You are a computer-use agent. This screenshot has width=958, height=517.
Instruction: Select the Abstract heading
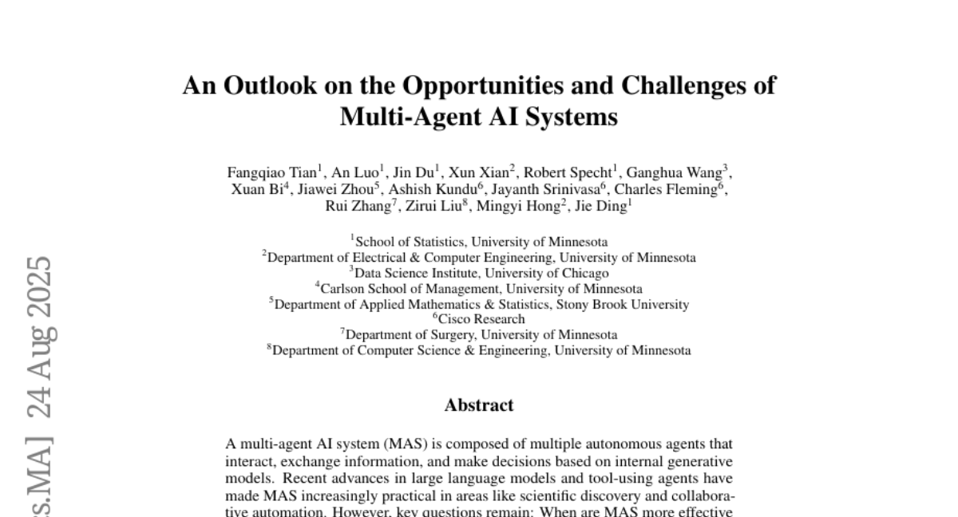[x=479, y=405]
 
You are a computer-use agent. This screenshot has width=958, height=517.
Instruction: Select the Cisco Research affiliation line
[x=479, y=319]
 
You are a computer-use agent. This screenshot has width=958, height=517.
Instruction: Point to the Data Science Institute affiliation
[x=479, y=273]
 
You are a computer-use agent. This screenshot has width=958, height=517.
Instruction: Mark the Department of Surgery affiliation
[x=479, y=334]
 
